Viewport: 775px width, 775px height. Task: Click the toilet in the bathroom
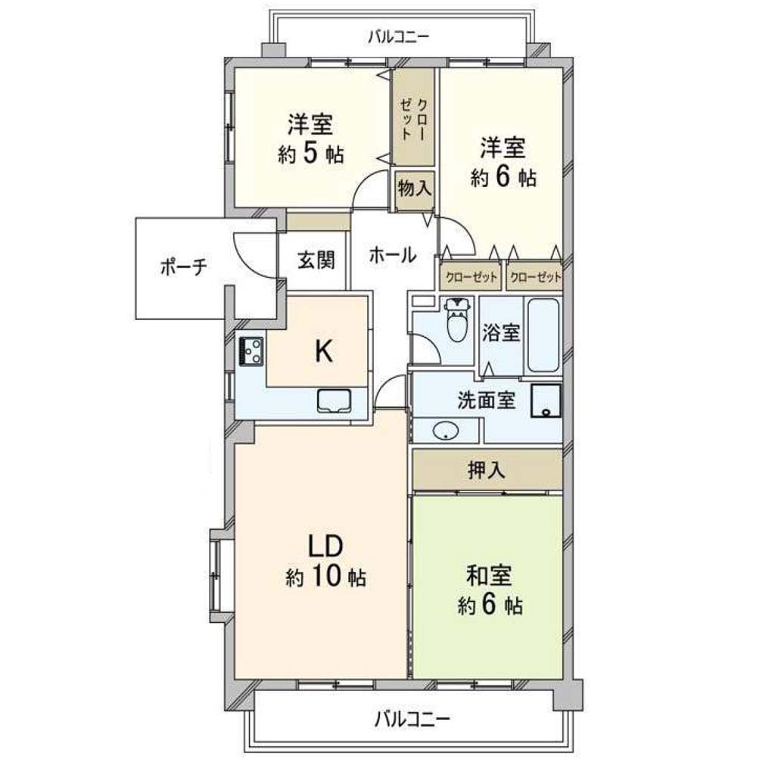click(x=456, y=320)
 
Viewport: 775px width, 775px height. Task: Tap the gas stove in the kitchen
click(x=251, y=351)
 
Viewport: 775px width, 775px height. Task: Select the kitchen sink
click(x=334, y=400)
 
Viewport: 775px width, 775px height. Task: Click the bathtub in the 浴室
click(x=543, y=335)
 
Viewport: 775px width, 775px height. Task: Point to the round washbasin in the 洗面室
click(x=446, y=431)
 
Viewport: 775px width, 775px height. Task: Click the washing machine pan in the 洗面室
click(x=546, y=401)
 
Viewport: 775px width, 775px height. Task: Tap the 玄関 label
click(x=316, y=260)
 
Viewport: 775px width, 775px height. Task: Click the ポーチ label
click(x=183, y=267)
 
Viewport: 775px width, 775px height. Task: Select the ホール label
click(x=393, y=255)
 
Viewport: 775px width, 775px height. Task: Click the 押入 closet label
click(x=487, y=470)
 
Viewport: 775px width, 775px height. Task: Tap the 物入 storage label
click(x=415, y=188)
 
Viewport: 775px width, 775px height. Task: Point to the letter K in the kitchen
click(x=324, y=351)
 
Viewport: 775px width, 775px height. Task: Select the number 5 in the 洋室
click(x=310, y=153)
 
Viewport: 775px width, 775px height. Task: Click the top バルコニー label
click(x=398, y=36)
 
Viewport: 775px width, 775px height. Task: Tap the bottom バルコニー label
click(x=412, y=719)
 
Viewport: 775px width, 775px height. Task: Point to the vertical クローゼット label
click(x=414, y=120)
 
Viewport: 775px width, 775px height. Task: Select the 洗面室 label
click(x=487, y=400)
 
